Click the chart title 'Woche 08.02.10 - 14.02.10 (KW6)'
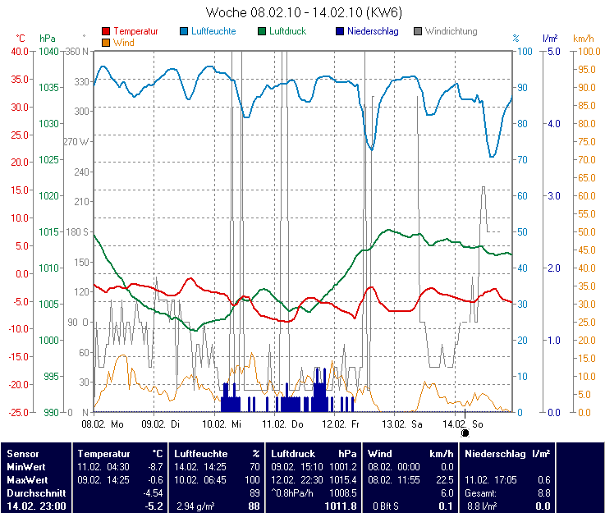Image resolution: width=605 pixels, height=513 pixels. click(x=304, y=13)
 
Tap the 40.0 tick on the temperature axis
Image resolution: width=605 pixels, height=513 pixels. click(x=19, y=52)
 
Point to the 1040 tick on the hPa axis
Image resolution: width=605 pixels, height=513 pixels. click(x=48, y=52)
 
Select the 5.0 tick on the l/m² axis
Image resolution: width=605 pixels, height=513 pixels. click(x=552, y=52)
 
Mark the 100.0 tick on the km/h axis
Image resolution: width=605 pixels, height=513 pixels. click(x=585, y=52)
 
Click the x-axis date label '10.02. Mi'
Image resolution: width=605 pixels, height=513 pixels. click(x=222, y=424)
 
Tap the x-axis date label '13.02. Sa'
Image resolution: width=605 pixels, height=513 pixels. click(x=402, y=424)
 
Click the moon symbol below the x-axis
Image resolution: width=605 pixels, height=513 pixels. click(x=465, y=433)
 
